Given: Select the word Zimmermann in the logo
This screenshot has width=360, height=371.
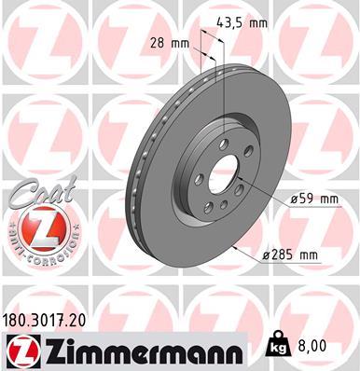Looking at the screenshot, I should pos(134,351).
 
